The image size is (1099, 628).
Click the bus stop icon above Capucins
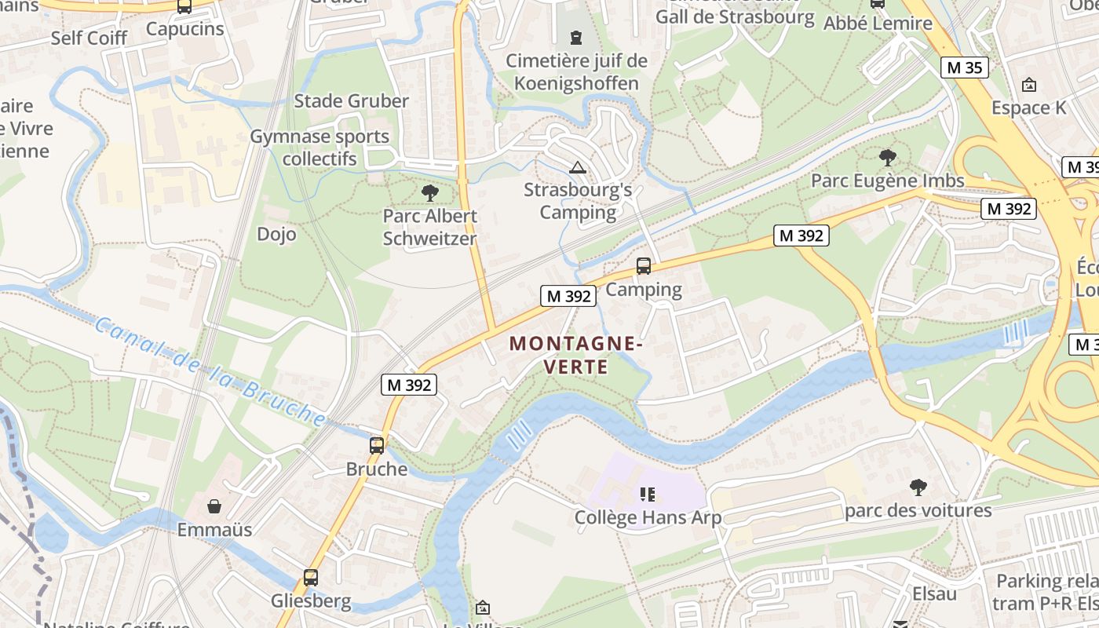(x=184, y=6)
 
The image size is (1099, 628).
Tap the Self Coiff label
(x=89, y=38)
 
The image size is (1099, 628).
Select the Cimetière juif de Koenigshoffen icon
(x=577, y=37)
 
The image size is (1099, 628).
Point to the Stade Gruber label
(x=351, y=101)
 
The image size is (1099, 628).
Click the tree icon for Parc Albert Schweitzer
(x=429, y=192)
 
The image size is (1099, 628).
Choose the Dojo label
(x=276, y=234)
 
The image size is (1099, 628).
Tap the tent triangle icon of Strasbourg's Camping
(x=578, y=166)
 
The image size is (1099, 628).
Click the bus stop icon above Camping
(x=644, y=266)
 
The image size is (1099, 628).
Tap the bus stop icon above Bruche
(x=377, y=446)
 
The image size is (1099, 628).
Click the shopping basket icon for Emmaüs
(x=214, y=506)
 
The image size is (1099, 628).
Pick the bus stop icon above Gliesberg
(x=311, y=578)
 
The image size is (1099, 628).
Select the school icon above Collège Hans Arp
(x=648, y=494)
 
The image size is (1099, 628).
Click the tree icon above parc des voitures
(x=918, y=487)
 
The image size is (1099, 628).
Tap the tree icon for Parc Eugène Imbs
(x=888, y=158)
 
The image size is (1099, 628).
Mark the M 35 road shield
(x=964, y=68)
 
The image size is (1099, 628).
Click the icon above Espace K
(x=1029, y=85)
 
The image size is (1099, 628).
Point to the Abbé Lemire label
(x=878, y=24)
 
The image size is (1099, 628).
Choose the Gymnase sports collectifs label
(x=319, y=148)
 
